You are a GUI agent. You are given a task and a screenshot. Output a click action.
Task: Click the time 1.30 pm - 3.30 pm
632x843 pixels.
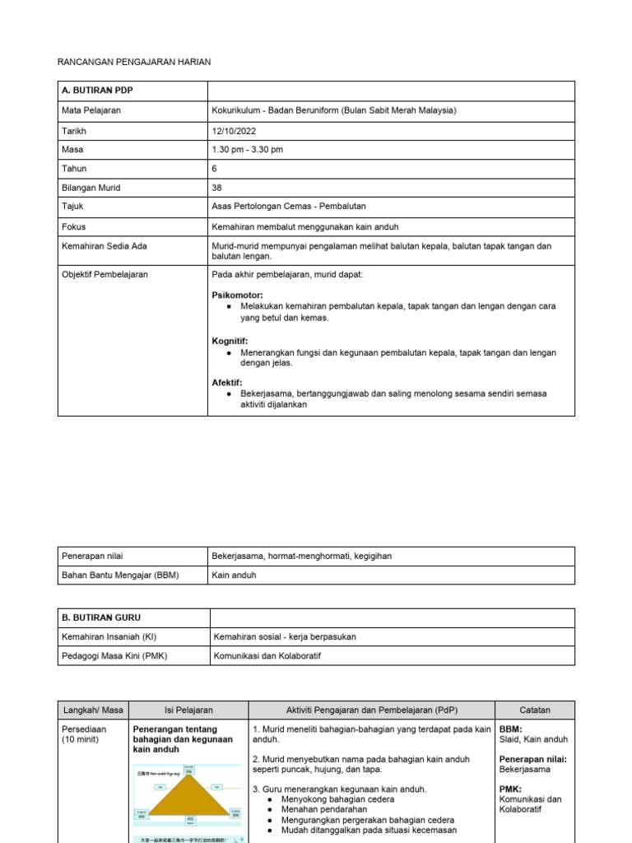(x=247, y=150)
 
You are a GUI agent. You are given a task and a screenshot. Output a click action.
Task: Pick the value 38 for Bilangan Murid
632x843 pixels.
(x=217, y=188)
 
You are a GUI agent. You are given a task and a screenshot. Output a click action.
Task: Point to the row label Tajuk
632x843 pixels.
(x=74, y=207)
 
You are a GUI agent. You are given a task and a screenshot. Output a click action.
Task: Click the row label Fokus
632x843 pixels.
(x=74, y=226)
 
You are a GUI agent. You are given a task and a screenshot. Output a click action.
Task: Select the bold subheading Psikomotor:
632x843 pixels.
(x=238, y=295)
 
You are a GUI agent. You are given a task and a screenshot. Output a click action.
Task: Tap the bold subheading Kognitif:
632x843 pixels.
(x=230, y=341)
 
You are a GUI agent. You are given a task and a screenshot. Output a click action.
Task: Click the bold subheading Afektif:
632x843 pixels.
(x=227, y=383)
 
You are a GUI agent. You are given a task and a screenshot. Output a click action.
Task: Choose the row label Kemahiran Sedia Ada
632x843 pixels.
(x=105, y=246)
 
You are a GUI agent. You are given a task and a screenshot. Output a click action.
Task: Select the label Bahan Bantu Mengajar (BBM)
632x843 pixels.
(x=120, y=575)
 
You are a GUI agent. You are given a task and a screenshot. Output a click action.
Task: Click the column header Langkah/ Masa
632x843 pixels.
(x=93, y=710)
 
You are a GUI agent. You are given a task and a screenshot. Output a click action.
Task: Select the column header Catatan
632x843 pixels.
(x=534, y=710)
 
